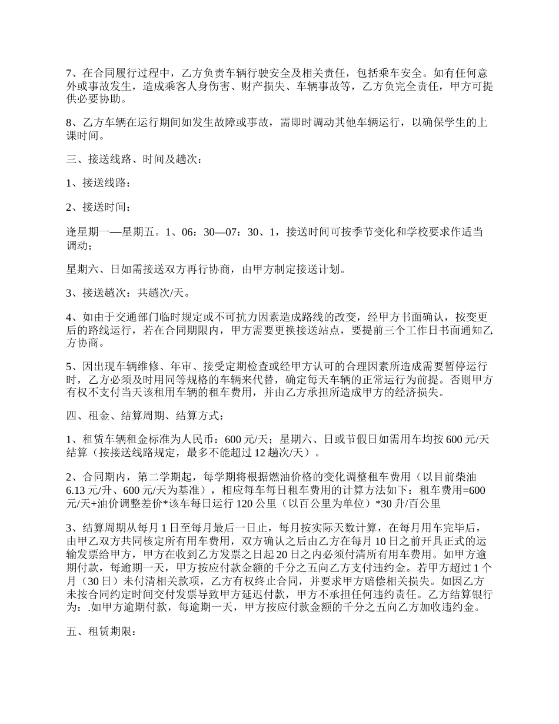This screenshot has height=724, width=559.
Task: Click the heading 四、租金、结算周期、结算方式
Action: tap(145, 416)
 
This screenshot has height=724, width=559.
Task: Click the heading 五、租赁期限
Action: tap(101, 633)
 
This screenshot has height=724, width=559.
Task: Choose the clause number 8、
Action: tap(71, 123)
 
